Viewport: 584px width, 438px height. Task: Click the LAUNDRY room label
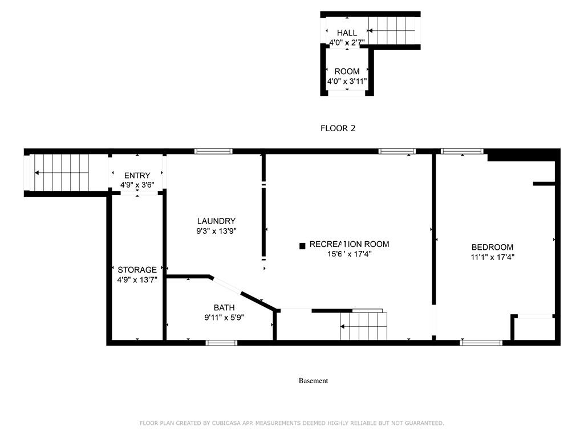(216, 221)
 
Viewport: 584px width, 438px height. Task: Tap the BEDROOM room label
(492, 247)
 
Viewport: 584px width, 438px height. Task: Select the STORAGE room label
(137, 270)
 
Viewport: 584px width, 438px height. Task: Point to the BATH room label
(224, 307)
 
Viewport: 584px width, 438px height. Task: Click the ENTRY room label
(137, 176)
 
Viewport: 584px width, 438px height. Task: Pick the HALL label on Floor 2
(347, 33)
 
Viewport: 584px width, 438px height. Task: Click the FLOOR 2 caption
(338, 128)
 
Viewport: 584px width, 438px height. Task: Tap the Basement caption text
(313, 381)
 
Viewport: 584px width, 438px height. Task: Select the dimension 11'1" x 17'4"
(492, 257)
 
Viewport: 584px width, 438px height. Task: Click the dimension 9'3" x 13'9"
(216, 231)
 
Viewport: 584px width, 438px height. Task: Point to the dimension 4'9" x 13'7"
(137, 279)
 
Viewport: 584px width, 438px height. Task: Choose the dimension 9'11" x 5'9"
(224, 317)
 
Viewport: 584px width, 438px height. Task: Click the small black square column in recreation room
(302, 246)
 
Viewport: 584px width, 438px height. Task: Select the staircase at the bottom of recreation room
(364, 326)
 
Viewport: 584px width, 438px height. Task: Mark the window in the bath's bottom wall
(221, 343)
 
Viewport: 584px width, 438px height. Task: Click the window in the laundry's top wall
(213, 151)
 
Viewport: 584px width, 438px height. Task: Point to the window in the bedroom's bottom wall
(481, 343)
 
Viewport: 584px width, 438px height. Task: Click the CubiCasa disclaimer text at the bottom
(292, 423)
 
